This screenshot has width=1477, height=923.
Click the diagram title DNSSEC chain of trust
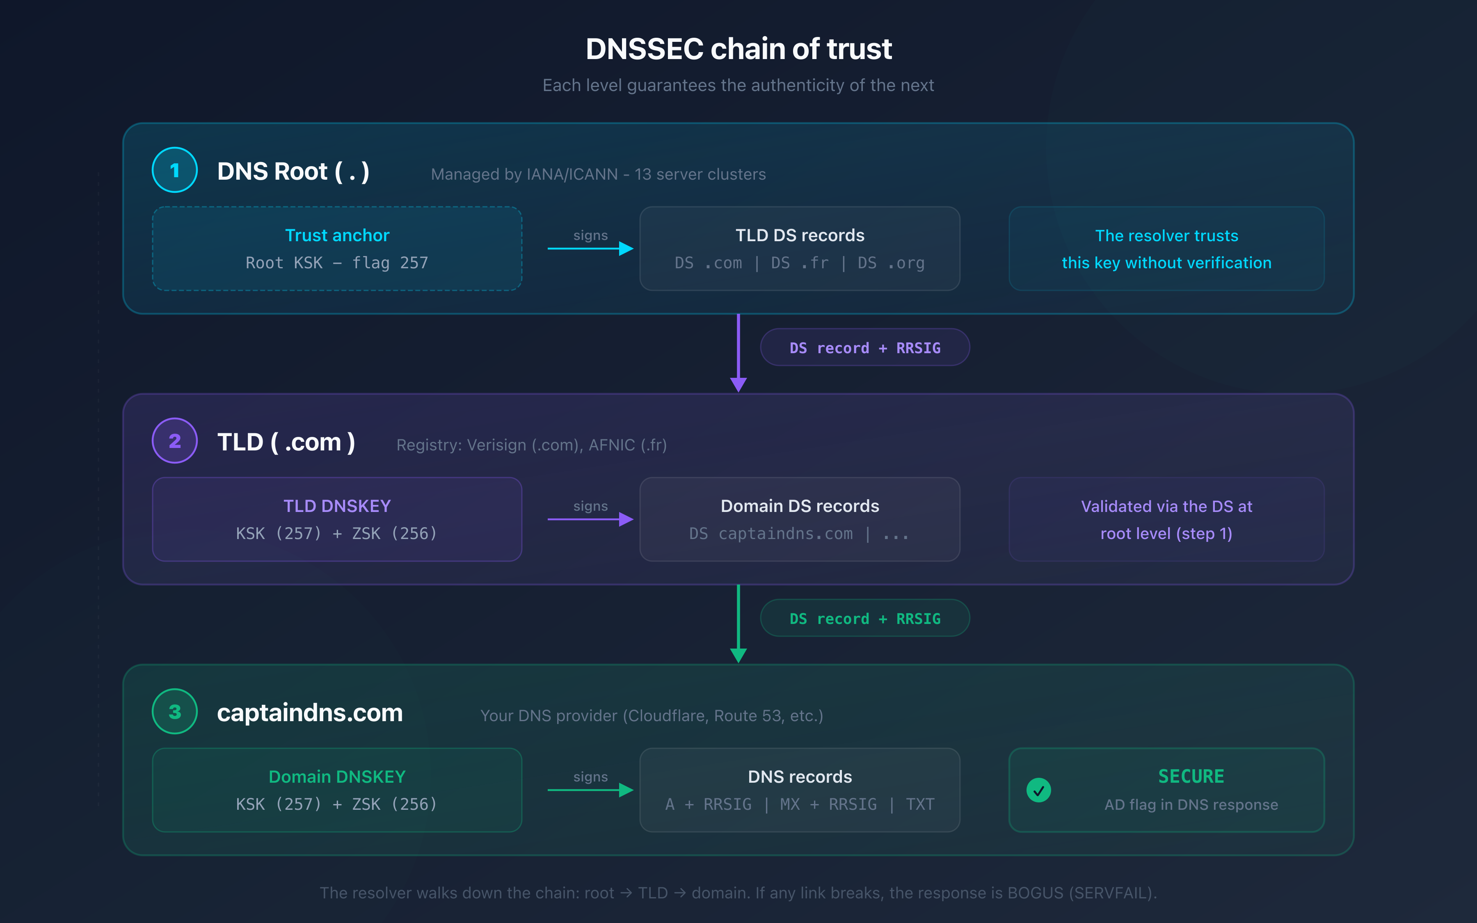coord(738,49)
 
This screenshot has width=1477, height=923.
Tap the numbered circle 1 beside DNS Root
coord(174,170)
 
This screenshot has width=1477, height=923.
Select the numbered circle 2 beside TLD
coord(174,441)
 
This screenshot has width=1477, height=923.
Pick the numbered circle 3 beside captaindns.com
coord(174,712)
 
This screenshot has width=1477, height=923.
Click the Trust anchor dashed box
coord(337,249)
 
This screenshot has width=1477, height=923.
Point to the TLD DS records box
coord(800,249)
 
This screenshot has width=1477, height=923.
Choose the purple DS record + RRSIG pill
coord(865,348)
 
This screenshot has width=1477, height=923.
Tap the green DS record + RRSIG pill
coord(865,618)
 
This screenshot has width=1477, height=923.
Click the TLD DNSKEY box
coord(337,519)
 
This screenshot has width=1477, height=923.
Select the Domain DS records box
coord(800,519)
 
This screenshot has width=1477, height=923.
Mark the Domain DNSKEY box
coord(337,790)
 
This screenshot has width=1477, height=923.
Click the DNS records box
coord(800,790)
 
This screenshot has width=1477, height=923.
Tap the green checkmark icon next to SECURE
coord(1038,790)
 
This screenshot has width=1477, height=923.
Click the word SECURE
coord(1191,777)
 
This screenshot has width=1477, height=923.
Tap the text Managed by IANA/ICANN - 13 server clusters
coord(598,175)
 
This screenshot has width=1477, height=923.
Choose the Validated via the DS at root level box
coord(1166,519)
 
